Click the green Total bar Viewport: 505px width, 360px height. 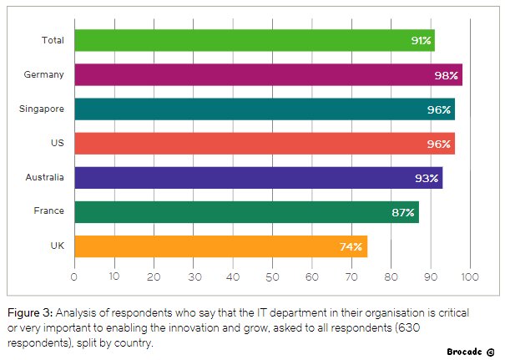[255, 40]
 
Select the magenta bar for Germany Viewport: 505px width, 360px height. [269, 75]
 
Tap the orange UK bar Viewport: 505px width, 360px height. [221, 246]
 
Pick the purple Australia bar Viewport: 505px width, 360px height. [259, 178]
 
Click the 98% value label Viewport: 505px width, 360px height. [446, 75]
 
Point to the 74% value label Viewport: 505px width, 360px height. [351, 247]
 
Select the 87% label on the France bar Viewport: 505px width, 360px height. [403, 213]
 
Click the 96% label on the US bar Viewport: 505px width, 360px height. [439, 144]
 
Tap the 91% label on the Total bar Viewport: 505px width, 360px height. [421, 41]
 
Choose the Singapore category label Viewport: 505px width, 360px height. [42, 109]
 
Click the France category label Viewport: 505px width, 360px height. [49, 210]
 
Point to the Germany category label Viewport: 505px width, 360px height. [43, 75]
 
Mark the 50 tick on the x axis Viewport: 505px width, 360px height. [272, 276]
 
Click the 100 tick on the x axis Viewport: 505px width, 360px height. [470, 276]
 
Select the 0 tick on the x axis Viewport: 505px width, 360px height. [74, 276]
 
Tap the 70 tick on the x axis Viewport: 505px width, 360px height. [351, 276]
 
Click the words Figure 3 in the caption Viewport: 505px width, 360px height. [29, 313]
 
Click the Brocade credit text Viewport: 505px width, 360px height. [471, 352]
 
